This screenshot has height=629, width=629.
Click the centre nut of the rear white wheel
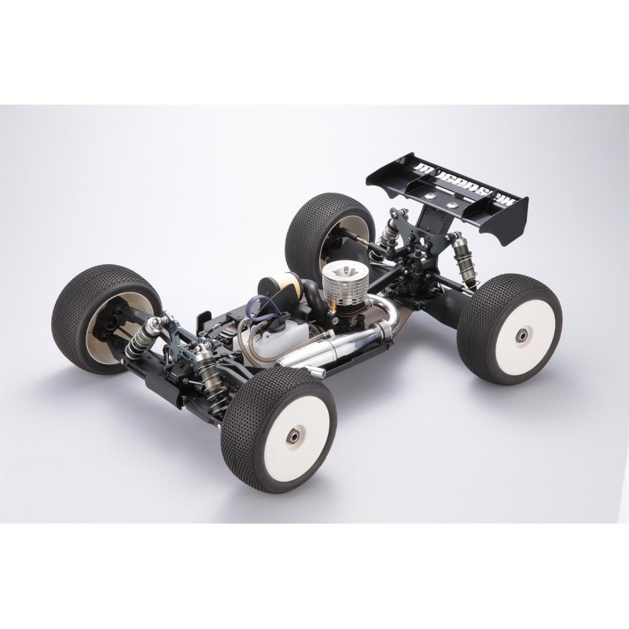[x=521, y=337]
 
